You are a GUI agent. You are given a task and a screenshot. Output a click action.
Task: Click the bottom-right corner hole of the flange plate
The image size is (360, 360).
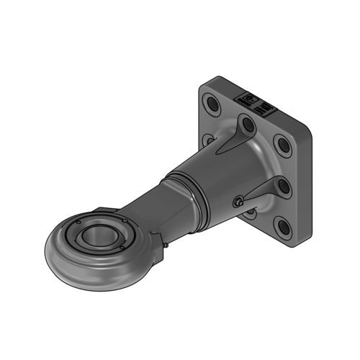point(284,228)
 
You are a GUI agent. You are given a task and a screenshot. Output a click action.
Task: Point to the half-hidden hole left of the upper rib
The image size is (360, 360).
point(209,139)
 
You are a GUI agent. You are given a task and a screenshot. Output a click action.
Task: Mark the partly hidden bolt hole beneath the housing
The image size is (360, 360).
point(249,213)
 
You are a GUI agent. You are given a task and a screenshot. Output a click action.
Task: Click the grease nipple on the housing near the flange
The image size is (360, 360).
point(237,202)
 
